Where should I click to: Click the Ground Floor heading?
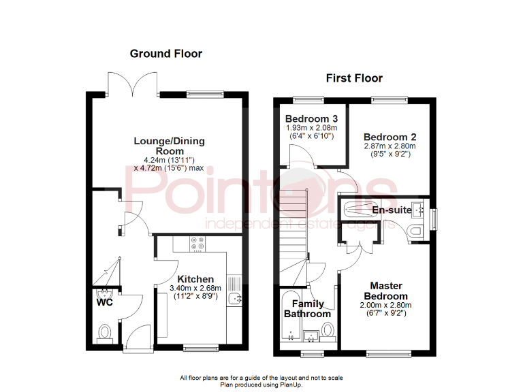(x=165, y=54)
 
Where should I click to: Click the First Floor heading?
(x=354, y=78)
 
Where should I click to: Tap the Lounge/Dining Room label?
(x=169, y=146)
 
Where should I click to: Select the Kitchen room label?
(x=195, y=279)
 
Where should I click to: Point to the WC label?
(x=104, y=303)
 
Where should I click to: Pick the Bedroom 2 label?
(x=389, y=135)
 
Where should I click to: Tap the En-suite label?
(x=392, y=210)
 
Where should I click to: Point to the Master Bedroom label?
(x=386, y=291)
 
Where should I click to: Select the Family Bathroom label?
(x=308, y=308)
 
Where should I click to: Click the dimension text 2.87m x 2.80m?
(x=389, y=146)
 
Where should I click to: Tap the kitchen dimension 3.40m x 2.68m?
(x=195, y=289)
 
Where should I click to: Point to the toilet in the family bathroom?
(x=328, y=331)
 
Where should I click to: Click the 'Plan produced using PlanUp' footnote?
(x=261, y=385)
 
